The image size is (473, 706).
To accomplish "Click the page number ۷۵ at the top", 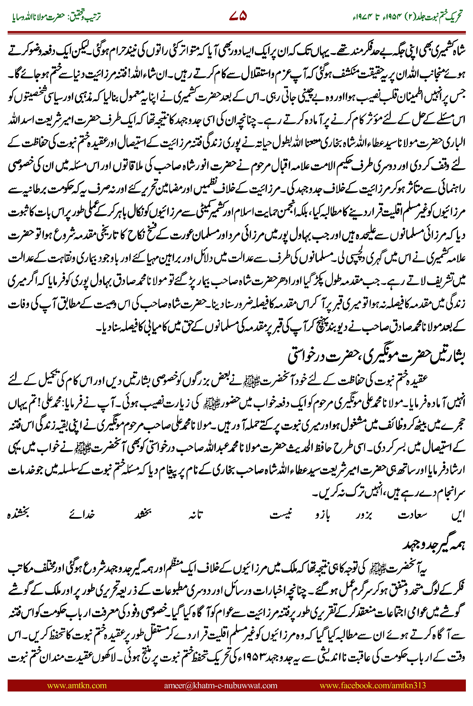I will click(238, 16).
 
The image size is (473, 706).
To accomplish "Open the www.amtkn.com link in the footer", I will click(77, 685).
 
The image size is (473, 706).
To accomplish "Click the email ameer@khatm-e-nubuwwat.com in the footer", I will click(220, 685).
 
